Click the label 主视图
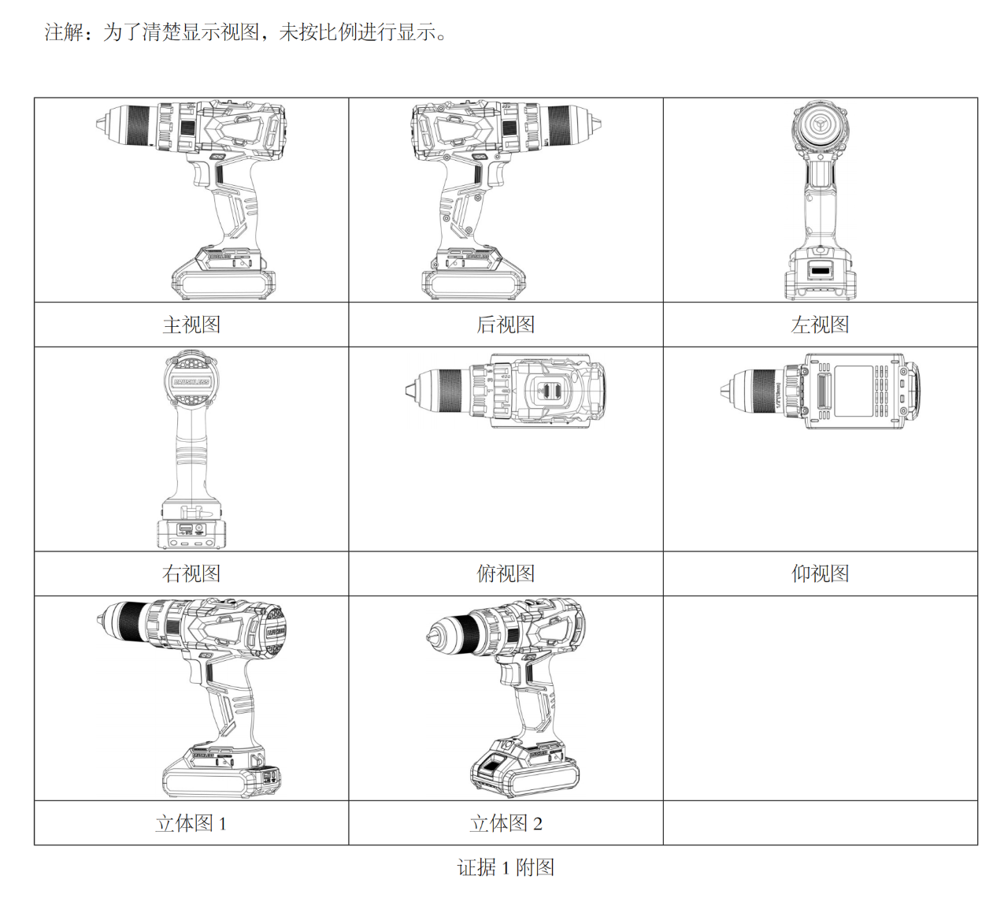(191, 325)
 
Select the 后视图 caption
(506, 325)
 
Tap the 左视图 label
(820, 325)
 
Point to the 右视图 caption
(191, 573)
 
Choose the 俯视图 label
(506, 573)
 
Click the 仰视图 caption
(820, 573)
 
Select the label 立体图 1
(191, 823)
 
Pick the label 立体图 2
(506, 823)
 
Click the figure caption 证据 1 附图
(506, 867)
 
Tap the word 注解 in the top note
(65, 32)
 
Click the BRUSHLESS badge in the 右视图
(191, 382)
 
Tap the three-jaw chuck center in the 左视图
(819, 126)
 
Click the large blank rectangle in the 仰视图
(854, 391)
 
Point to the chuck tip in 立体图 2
(430, 637)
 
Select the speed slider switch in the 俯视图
(547, 391)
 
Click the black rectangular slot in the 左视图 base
(820, 271)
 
